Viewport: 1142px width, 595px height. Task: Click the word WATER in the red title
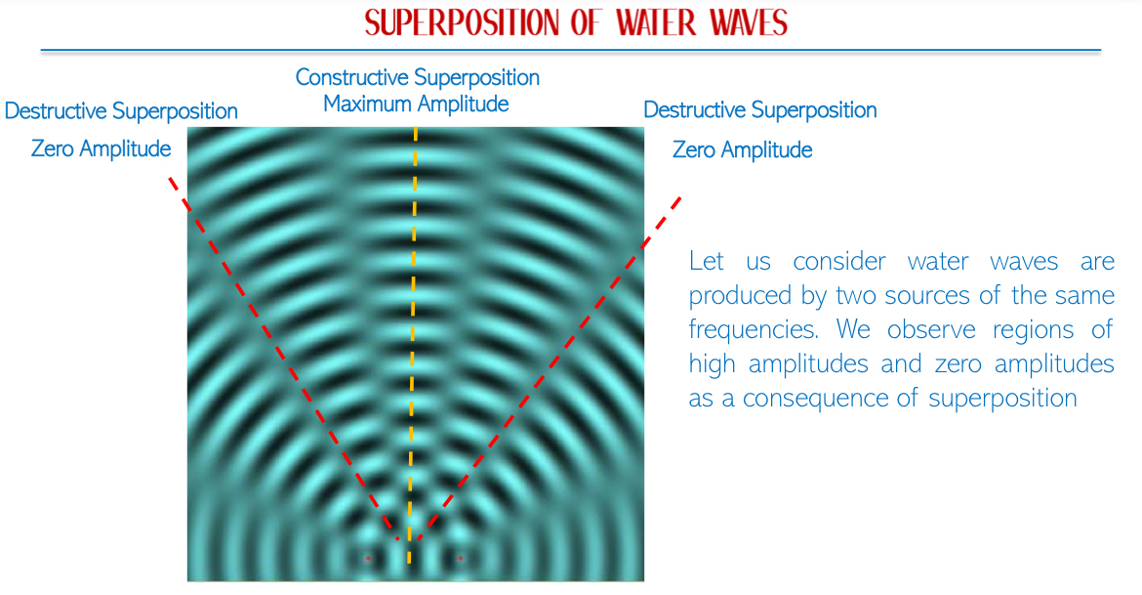pyautogui.click(x=656, y=22)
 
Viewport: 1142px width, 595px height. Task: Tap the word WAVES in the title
pyautogui.click(x=750, y=22)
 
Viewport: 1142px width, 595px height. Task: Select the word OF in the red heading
pyautogui.click(x=585, y=22)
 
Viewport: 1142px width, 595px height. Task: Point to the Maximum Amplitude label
pyautogui.click(x=416, y=105)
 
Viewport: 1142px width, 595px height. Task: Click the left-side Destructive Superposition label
pyautogui.click(x=121, y=111)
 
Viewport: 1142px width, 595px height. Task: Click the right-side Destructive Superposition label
pyautogui.click(x=759, y=110)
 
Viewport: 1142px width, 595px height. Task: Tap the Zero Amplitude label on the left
pyautogui.click(x=101, y=149)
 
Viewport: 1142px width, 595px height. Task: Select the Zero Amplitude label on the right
pyautogui.click(x=742, y=150)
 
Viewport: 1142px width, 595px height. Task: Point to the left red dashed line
pyautogui.click(x=283, y=358)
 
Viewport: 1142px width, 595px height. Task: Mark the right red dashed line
pyautogui.click(x=551, y=368)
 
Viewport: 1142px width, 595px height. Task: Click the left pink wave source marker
pyautogui.click(x=368, y=559)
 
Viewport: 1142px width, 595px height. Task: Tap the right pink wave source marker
pyautogui.click(x=460, y=559)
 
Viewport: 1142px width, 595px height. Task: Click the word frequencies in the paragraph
pyautogui.click(x=754, y=330)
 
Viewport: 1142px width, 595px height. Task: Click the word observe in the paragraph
pyautogui.click(x=931, y=330)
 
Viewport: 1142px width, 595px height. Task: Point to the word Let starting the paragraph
pyautogui.click(x=707, y=261)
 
